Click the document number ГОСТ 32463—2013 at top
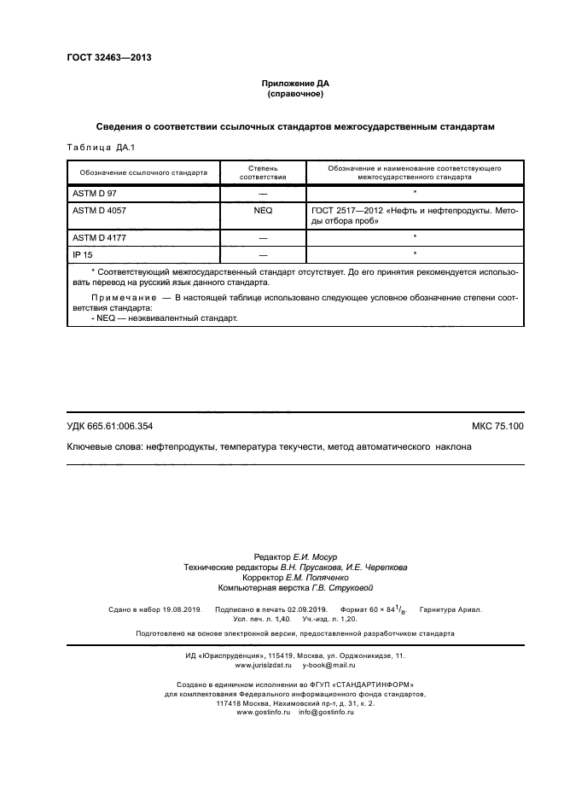(108, 58)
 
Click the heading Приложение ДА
(294, 84)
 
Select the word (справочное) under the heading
(294, 94)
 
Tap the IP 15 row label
(83, 254)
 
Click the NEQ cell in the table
(262, 208)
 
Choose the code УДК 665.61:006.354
(109, 425)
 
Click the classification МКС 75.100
(497, 425)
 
